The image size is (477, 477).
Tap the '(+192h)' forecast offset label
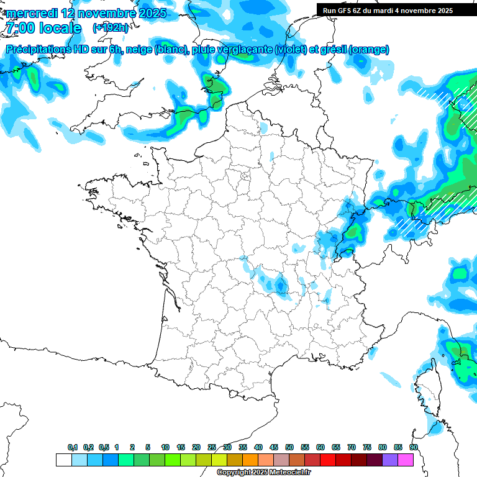pyautogui.click(x=111, y=28)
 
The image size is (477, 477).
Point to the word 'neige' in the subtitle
pyautogui.click(x=139, y=50)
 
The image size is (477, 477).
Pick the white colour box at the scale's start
pyautogui.click(x=63, y=460)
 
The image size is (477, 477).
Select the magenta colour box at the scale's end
pyautogui.click(x=406, y=460)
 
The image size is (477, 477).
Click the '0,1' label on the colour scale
pyautogui.click(x=73, y=447)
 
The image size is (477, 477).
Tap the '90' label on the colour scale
pyautogui.click(x=414, y=447)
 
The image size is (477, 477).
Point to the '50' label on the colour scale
pyautogui.click(x=289, y=447)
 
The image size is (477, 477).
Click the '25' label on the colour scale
pyautogui.click(x=212, y=447)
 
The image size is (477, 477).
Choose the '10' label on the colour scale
pyautogui.click(x=165, y=447)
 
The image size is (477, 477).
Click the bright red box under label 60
pyautogui.click(x=328, y=460)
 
